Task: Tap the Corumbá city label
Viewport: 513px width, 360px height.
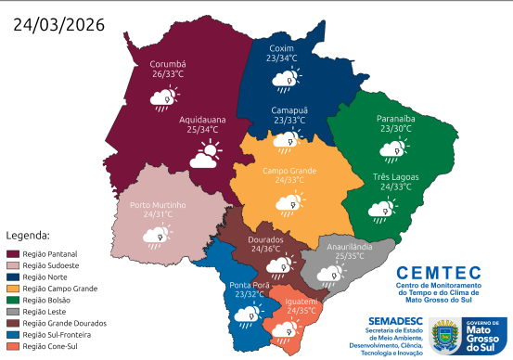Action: pyautogui.click(x=168, y=64)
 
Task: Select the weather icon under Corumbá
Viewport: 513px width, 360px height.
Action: pyautogui.click(x=167, y=95)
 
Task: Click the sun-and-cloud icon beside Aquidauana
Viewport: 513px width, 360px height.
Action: pyautogui.click(x=206, y=154)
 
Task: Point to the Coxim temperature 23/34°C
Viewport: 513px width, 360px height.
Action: pyautogui.click(x=281, y=58)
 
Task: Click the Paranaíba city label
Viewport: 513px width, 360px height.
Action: pyautogui.click(x=395, y=119)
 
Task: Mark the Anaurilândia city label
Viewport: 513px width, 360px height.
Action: pyautogui.click(x=345, y=246)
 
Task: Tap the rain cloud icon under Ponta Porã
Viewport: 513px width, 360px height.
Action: pyautogui.click(x=247, y=317)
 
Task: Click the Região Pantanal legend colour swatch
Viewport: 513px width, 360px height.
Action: pyautogui.click(x=14, y=253)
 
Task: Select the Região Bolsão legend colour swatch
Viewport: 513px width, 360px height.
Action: pyautogui.click(x=14, y=300)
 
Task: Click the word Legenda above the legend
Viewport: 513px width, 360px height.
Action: pyautogui.click(x=28, y=236)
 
